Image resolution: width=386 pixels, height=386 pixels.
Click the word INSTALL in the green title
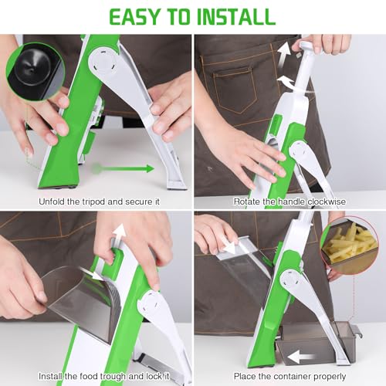point(236,17)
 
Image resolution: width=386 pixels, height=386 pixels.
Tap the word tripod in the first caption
point(94,201)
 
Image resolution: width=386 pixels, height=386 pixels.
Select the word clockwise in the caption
point(327,201)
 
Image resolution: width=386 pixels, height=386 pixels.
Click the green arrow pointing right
point(123,169)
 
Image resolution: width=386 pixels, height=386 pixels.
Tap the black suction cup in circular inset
point(32,67)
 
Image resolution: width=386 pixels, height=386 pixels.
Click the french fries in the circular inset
point(349,244)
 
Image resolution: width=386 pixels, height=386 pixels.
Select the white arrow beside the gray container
point(301,357)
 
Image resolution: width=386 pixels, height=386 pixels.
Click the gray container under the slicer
point(317,343)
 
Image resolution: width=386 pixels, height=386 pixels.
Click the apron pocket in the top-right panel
point(233,90)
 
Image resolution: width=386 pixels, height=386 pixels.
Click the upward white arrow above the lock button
point(120,235)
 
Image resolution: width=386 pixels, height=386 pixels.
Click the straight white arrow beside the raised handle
point(284,56)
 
